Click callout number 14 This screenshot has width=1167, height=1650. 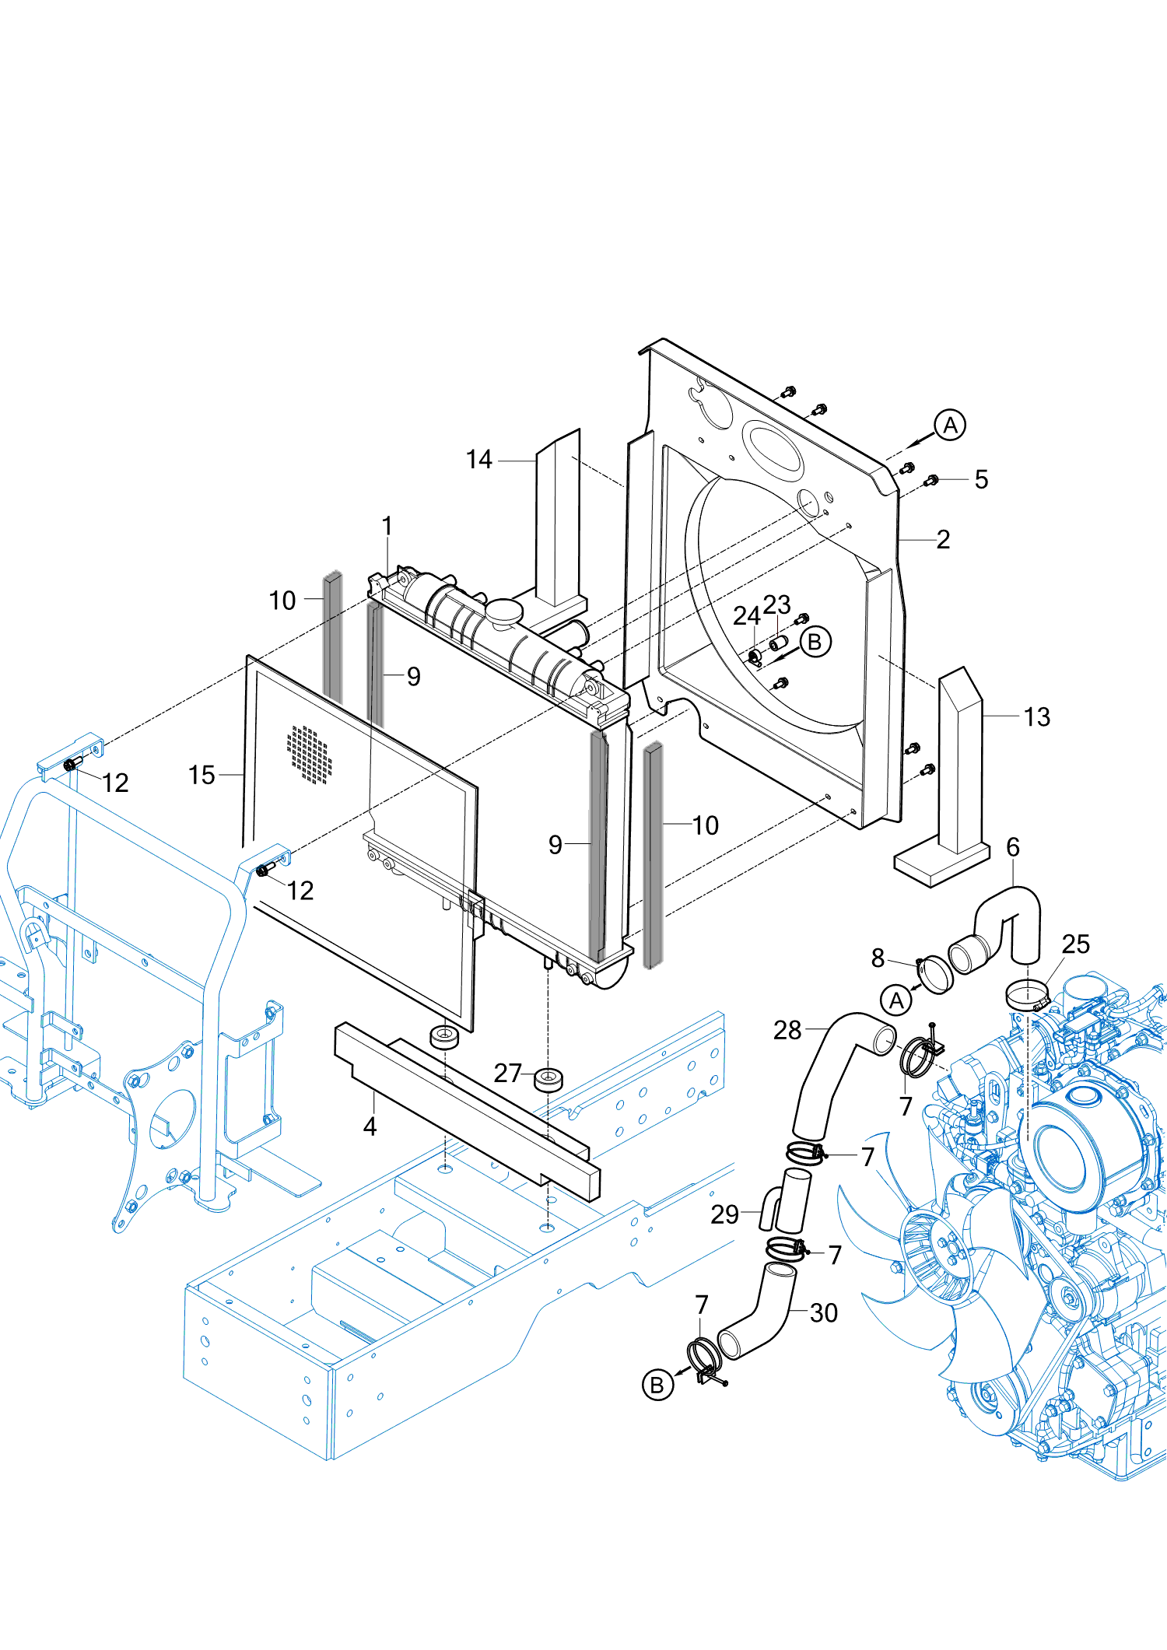[x=478, y=460]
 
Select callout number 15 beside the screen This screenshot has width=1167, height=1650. [x=202, y=775]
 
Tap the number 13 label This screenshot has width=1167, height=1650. [x=1036, y=716]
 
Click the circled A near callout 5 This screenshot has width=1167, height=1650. [x=950, y=426]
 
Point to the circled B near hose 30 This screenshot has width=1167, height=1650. [x=657, y=1385]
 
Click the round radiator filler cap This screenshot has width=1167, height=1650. [x=504, y=611]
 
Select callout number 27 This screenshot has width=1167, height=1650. [x=507, y=1073]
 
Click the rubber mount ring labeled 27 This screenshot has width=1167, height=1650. [x=548, y=1080]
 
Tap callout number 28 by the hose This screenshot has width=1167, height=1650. [x=787, y=1030]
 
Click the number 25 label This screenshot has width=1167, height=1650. [x=1075, y=944]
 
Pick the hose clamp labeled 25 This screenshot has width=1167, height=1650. [x=1027, y=994]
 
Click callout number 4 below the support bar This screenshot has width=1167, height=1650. [x=370, y=1126]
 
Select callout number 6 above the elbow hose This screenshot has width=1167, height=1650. [x=1012, y=847]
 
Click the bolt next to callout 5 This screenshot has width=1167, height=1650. [x=930, y=481]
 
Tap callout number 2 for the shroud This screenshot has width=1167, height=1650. [x=943, y=539]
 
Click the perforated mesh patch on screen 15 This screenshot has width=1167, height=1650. [x=310, y=754]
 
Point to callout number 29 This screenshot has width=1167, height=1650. [x=724, y=1214]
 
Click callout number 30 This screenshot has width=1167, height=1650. [x=823, y=1312]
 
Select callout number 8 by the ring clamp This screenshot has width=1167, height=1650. [x=878, y=958]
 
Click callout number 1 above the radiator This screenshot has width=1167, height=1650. [x=387, y=527]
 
